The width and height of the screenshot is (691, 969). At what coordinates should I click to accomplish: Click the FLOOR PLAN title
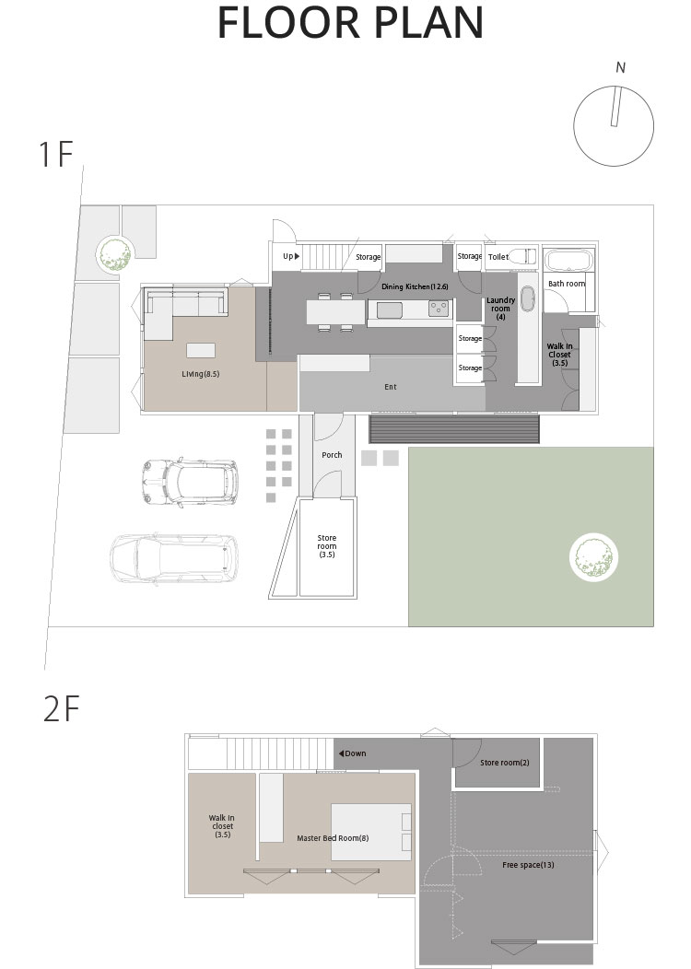point(350,23)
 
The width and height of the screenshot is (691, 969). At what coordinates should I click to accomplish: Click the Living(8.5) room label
point(201,374)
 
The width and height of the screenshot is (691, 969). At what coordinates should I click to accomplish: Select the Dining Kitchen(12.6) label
point(415,286)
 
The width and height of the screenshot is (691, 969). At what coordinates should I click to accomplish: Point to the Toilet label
point(498,257)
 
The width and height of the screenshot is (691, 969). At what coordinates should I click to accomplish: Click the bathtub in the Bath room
point(569,260)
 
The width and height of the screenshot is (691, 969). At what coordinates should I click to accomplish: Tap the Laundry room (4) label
point(500,309)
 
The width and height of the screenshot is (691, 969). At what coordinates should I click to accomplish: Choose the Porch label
point(332,455)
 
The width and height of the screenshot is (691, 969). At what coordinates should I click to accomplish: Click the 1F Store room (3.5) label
point(327,546)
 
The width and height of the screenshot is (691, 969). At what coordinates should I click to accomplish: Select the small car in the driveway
point(190,482)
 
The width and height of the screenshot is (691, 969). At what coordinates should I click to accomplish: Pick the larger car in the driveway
point(174,559)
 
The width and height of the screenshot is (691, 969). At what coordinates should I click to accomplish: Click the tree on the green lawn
point(593,556)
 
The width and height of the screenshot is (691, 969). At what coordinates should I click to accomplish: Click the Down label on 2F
point(352,753)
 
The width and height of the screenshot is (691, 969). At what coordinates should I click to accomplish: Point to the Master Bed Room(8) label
point(333,838)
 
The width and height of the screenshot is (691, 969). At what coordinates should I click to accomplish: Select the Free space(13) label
point(528,865)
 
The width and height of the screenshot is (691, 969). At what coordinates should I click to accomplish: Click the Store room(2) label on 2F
point(505,763)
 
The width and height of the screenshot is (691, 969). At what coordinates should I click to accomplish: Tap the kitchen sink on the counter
point(390,309)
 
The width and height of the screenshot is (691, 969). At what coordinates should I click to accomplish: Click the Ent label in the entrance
point(391,387)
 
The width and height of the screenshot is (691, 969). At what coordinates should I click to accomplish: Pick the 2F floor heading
point(61,709)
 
